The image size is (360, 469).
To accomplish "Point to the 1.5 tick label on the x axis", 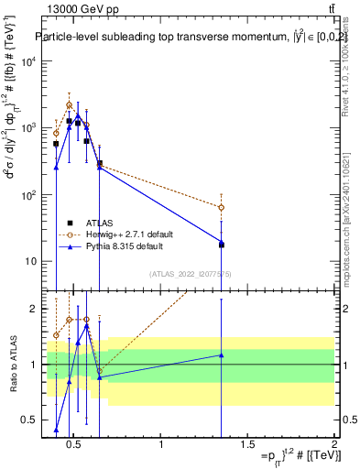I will (247, 444).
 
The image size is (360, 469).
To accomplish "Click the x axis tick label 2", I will (333, 444).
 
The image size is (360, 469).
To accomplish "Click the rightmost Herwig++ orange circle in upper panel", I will (221, 208).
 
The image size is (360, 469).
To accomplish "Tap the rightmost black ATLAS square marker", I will (221, 245).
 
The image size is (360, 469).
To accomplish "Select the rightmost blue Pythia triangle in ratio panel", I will (221, 354).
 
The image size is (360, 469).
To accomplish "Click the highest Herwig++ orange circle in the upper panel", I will (69, 105).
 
